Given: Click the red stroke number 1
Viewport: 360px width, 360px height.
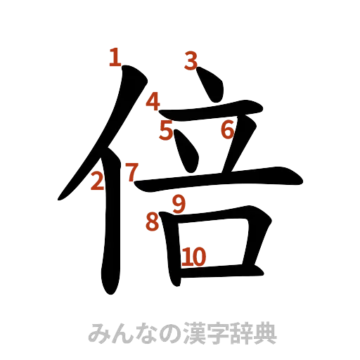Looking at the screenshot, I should pos(114,57).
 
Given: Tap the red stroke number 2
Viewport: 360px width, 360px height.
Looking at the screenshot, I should pos(98,182).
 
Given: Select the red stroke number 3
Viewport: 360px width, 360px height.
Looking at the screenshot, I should pos(189,62).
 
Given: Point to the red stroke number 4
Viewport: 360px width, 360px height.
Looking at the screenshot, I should pos(153,102).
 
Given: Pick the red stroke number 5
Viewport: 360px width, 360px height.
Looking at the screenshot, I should pos(166,131).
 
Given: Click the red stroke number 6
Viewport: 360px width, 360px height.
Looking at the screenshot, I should pos(226,129).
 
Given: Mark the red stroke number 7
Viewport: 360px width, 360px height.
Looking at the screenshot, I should pos(131,172).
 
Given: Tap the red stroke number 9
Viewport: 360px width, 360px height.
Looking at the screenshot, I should pos(178,204).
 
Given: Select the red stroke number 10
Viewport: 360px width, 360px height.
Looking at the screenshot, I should pos(194,257).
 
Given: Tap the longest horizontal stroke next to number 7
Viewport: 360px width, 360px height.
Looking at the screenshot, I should pos(218,179).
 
